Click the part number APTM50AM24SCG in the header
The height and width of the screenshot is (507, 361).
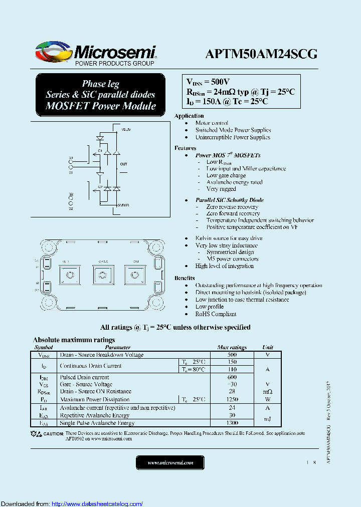click(261, 54)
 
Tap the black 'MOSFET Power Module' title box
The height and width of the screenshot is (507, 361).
click(100, 95)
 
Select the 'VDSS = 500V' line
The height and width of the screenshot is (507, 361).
click(208, 82)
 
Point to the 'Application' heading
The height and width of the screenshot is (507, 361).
click(189, 116)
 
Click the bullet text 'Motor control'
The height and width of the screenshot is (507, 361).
click(212, 123)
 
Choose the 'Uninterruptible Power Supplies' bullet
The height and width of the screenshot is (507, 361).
click(233, 137)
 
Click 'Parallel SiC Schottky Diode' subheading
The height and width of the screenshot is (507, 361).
click(229, 200)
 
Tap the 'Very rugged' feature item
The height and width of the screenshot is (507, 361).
click(221, 189)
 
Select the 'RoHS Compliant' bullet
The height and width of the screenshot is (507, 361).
click(216, 314)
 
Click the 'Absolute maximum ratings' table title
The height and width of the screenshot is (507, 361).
click(74, 340)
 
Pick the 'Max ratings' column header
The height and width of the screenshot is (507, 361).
click(232, 347)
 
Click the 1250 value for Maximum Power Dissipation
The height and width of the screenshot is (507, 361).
click(232, 399)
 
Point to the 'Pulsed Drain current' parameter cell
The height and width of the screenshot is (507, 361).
click(84, 377)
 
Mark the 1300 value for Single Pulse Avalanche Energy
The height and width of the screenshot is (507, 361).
click(232, 423)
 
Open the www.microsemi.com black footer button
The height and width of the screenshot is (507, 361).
click(170, 463)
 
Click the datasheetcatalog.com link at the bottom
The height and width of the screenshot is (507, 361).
click(97, 503)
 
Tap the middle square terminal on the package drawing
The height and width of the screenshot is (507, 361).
click(103, 275)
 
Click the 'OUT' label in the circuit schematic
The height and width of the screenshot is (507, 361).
click(124, 164)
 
